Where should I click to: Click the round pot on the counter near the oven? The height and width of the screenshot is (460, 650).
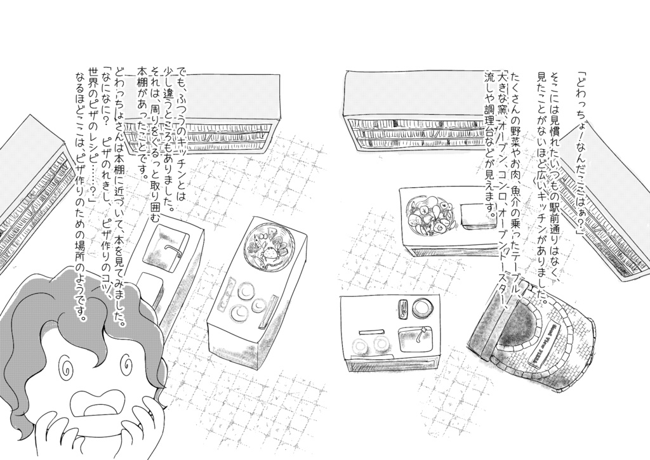421,309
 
